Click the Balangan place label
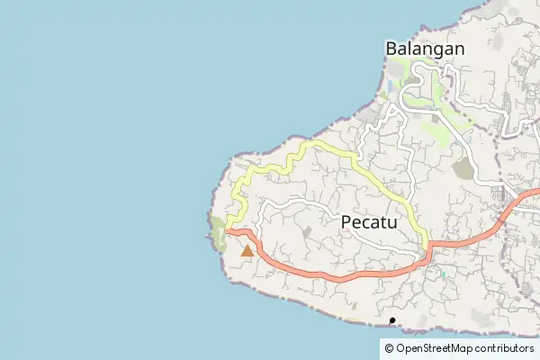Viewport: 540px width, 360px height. coord(425,49)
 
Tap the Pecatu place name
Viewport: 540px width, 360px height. coord(373,223)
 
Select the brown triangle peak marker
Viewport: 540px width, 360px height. coord(247,251)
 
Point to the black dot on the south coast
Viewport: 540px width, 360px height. coord(392,320)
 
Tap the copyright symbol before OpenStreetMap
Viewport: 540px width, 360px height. coord(389,348)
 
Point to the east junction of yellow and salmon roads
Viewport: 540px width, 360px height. coord(426,247)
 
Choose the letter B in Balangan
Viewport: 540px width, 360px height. coord(391,49)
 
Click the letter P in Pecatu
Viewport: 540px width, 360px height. coord(347,223)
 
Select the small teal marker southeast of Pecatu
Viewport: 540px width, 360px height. coord(443,274)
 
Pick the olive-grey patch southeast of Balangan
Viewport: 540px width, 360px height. coord(463,167)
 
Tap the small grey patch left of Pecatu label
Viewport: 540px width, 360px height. coord(307,232)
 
